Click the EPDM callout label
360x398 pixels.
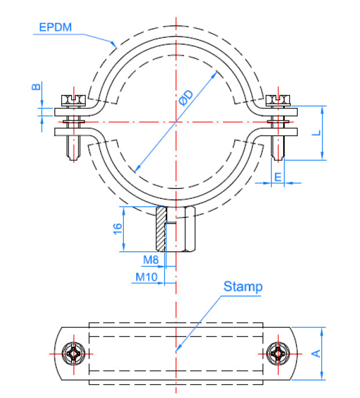point(55,27)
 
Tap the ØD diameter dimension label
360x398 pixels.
point(186,97)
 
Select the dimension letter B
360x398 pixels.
point(36,87)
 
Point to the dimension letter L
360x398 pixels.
point(317,133)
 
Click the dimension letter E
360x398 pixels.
point(278,177)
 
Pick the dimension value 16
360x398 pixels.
point(117,229)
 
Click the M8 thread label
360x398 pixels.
point(151,260)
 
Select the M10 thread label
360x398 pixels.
point(146,277)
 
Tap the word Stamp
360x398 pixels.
point(243,287)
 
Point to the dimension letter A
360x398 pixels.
point(316,353)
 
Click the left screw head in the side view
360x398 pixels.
point(74,100)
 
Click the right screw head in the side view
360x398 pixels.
point(278,100)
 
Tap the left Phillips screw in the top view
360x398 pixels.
point(74,353)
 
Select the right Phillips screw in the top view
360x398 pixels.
point(278,353)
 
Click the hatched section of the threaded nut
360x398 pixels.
point(161,229)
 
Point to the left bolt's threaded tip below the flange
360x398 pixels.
point(74,148)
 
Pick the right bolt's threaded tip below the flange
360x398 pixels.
point(278,148)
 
